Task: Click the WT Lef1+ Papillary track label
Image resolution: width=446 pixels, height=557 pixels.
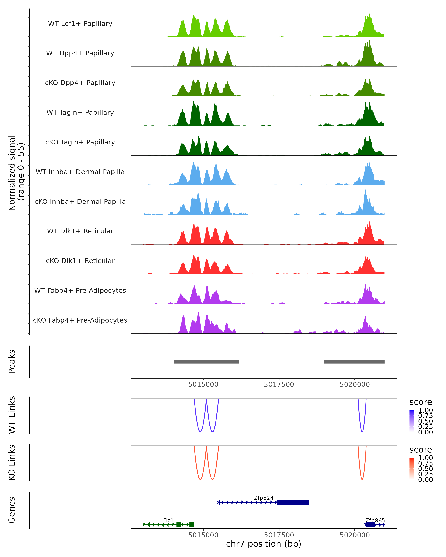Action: coord(80,24)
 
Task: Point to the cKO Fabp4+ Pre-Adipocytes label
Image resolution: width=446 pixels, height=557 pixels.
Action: coord(80,320)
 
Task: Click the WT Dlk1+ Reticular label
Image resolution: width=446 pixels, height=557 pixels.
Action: coord(80,231)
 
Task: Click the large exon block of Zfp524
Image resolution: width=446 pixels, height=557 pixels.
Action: coord(293,502)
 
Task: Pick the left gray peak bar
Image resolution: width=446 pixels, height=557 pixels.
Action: coord(206,362)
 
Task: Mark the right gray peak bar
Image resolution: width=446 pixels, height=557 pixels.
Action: coord(354,362)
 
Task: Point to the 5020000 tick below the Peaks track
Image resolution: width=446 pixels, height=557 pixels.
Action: coord(355,385)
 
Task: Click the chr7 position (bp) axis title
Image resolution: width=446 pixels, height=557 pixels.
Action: coord(264,544)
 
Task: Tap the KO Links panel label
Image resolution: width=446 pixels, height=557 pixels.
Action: coord(12,462)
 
